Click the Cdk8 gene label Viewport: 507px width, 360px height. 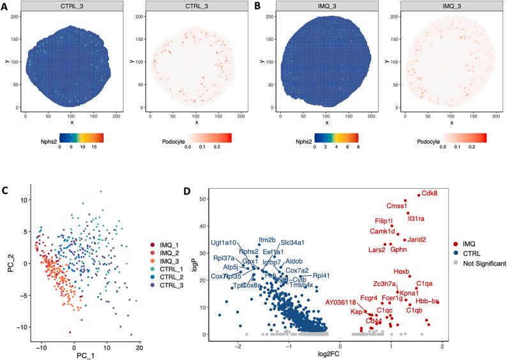coord(430,194)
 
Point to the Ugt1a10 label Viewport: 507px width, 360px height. coord(224,243)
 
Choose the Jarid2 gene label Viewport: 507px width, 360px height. coord(417,239)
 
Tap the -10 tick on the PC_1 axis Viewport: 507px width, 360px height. coord(42,341)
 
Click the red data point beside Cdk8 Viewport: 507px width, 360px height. coord(418,195)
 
